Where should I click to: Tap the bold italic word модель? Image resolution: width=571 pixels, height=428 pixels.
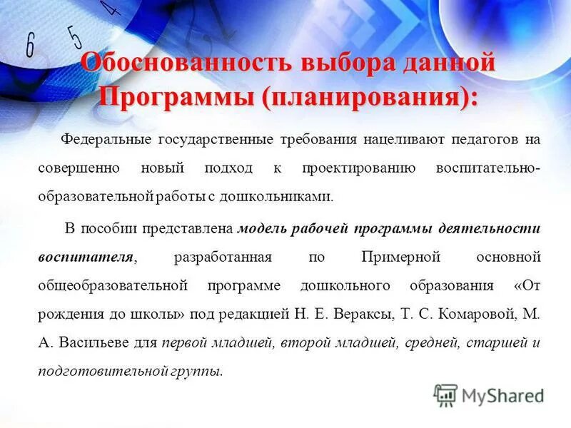click(262, 228)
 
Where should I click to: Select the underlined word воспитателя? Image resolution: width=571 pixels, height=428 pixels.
click(86, 257)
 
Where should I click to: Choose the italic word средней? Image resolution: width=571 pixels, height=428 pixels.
click(431, 342)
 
